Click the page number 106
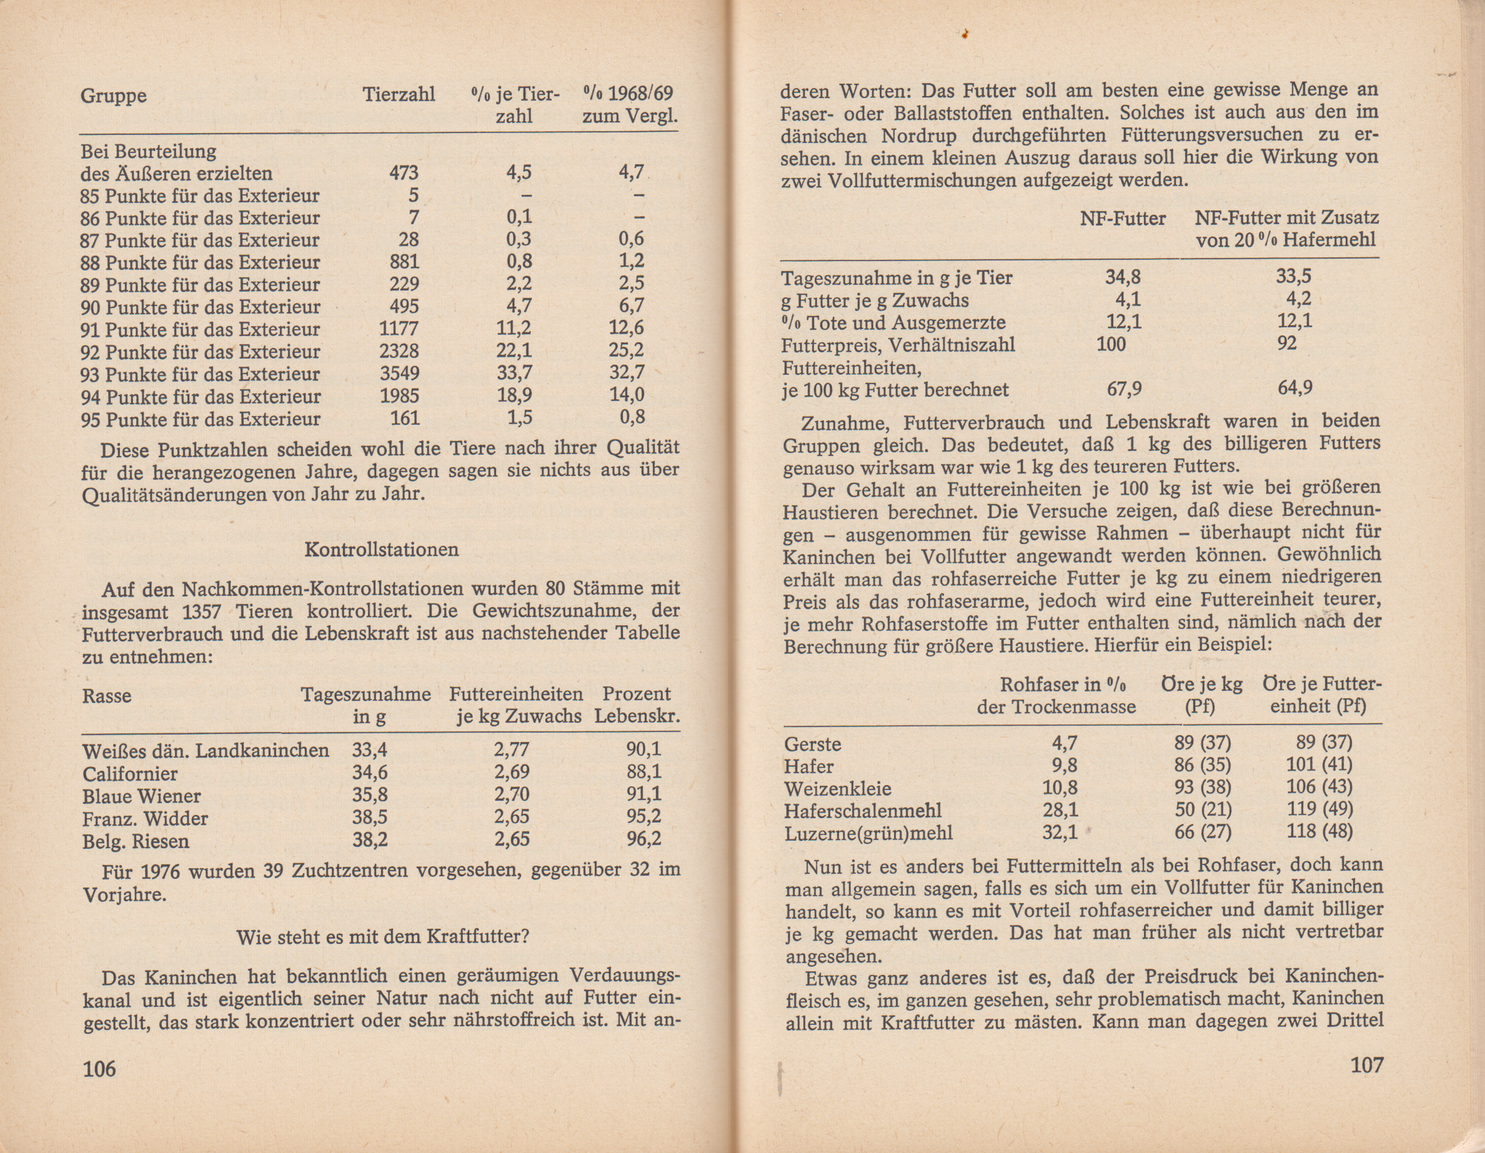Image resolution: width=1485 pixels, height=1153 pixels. [x=99, y=1069]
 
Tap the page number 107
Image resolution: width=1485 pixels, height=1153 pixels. [x=1366, y=1065]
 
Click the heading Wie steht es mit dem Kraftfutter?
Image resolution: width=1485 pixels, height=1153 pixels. [x=382, y=937]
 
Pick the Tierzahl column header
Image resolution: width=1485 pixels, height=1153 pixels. [x=399, y=94]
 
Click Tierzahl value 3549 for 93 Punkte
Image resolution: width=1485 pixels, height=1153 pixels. [x=399, y=374]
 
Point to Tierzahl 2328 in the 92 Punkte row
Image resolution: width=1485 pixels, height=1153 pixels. [x=399, y=351]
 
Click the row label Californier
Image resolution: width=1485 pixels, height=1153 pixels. [x=130, y=774]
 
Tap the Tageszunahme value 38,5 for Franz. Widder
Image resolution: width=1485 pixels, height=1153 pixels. [x=369, y=816]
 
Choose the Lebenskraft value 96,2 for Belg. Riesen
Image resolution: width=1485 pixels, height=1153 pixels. [x=643, y=839]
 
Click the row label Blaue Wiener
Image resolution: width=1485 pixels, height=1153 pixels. [x=141, y=796]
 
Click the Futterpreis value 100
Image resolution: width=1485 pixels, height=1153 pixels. [x=1111, y=344]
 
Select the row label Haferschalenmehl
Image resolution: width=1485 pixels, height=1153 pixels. [x=863, y=810]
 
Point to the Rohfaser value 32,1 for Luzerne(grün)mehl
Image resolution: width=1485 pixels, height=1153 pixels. [x=1060, y=831]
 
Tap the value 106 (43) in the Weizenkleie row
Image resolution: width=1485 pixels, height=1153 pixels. [x=1318, y=786]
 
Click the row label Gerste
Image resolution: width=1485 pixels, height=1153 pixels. [x=813, y=744]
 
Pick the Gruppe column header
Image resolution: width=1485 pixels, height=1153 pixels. [x=114, y=95]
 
